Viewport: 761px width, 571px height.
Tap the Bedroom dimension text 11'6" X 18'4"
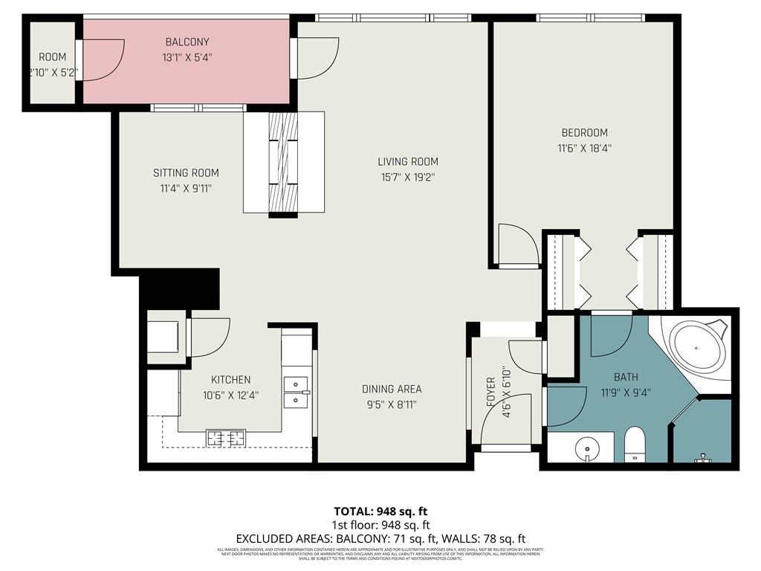[584, 148]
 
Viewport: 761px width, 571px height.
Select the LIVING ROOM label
[408, 161]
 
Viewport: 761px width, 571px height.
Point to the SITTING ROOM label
[186, 173]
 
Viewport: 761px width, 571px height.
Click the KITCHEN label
[230, 380]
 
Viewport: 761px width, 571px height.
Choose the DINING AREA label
[392, 389]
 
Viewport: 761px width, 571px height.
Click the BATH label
[626, 377]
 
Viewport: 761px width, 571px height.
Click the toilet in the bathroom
[635, 443]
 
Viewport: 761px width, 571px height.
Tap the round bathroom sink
[586, 448]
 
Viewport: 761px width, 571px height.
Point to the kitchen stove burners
[227, 439]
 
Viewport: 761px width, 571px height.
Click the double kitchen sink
[297, 393]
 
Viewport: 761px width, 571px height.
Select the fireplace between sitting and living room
[283, 163]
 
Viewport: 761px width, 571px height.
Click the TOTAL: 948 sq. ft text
[380, 512]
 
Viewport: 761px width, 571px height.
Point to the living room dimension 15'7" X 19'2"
[408, 177]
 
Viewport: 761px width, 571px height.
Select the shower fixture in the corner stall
[702, 459]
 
